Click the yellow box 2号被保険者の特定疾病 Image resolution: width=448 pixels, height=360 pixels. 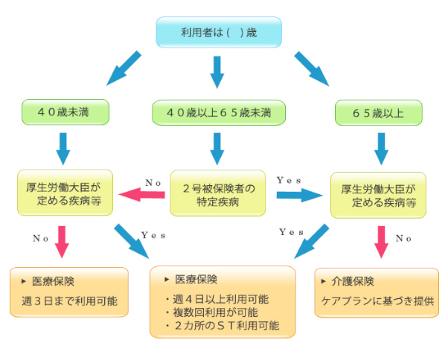(218, 195)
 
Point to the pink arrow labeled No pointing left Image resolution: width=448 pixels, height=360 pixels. (142, 196)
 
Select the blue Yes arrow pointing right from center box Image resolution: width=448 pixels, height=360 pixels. (298, 195)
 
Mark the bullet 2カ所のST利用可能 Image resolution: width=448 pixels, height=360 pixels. (220, 326)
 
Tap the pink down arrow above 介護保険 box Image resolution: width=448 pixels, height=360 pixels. (381, 241)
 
